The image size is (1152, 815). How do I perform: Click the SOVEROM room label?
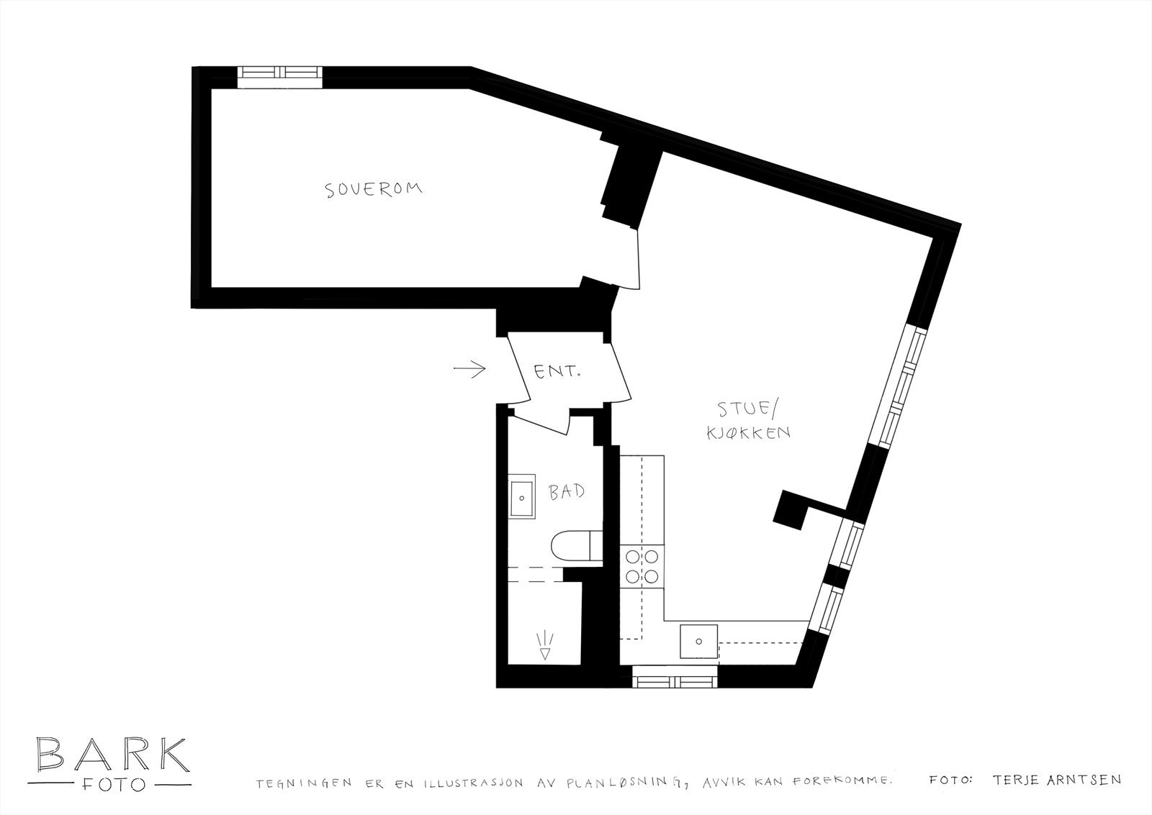pyautogui.click(x=373, y=190)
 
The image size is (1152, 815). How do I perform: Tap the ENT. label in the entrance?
pyautogui.click(x=557, y=372)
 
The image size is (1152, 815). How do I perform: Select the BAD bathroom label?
pyautogui.click(x=566, y=493)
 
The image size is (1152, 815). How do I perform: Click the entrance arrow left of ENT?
pyautogui.click(x=470, y=370)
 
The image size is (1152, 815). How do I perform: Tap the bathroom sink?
pyautogui.click(x=522, y=496)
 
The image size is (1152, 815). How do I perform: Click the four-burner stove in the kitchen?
pyautogui.click(x=641, y=565)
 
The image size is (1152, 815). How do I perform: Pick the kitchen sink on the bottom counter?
pyautogui.click(x=698, y=642)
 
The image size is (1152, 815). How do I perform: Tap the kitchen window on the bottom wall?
pyautogui.click(x=675, y=677)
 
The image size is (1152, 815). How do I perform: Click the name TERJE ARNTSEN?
pyautogui.click(x=1056, y=779)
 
